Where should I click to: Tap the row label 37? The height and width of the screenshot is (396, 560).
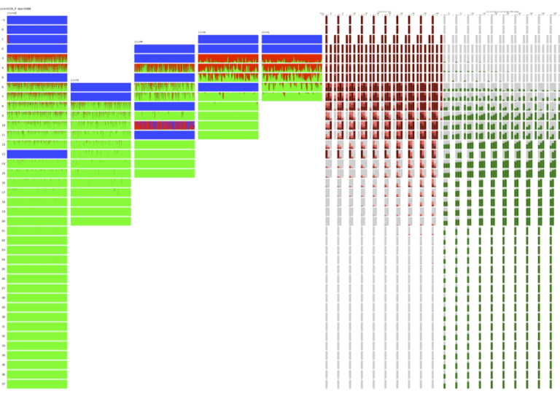point(3,384)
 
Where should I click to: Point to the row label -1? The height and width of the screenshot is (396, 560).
point(3,20)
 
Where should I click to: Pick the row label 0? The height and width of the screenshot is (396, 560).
point(3,30)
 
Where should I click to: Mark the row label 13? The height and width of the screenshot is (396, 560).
point(3,154)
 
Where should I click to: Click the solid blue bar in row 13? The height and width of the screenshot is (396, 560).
point(37,154)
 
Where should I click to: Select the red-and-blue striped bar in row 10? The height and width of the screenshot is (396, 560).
point(164,125)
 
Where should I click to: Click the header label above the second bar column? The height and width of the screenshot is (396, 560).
point(74,79)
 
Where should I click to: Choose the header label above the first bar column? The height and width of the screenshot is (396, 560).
point(11,12)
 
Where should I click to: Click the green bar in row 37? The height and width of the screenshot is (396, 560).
point(37,384)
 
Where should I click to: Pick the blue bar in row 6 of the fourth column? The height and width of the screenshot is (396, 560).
point(227,87)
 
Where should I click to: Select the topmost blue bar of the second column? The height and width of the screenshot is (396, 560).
point(101,87)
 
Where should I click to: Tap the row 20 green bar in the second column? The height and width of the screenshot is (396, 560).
point(101,221)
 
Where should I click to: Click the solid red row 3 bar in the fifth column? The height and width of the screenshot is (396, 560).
point(292,58)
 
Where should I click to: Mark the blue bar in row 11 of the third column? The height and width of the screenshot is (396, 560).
point(164,135)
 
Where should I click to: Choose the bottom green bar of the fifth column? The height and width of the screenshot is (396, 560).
point(292,96)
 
